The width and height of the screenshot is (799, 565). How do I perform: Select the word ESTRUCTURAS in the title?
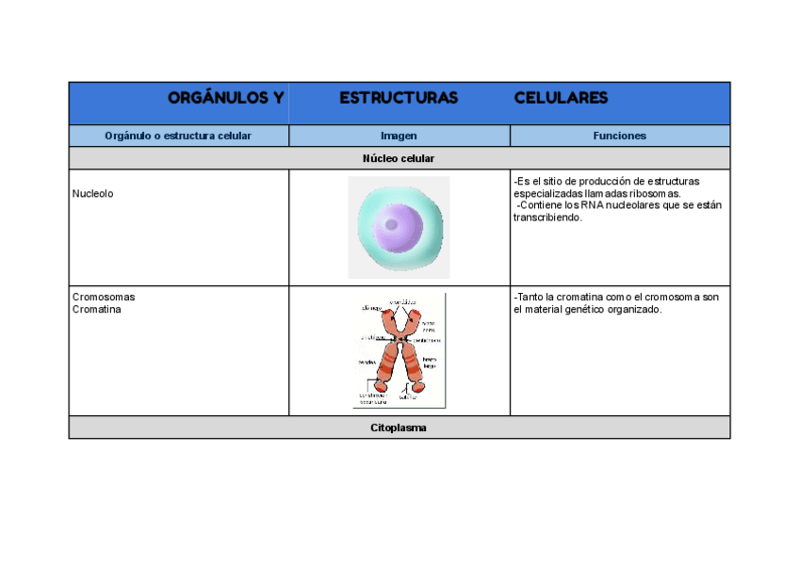pos(399,98)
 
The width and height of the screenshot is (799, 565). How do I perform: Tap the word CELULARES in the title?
pos(561,98)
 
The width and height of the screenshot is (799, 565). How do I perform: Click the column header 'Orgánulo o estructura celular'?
pos(178,136)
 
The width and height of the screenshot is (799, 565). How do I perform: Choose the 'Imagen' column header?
pos(399,136)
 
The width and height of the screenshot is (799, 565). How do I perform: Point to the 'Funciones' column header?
pos(619,136)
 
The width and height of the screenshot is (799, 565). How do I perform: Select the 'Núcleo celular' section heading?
pos(399,158)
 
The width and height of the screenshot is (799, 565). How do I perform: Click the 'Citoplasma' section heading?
pos(399,428)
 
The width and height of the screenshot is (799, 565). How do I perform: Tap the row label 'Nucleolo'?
pos(92,193)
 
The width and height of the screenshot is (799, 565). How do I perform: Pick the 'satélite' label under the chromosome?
pos(407,396)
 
